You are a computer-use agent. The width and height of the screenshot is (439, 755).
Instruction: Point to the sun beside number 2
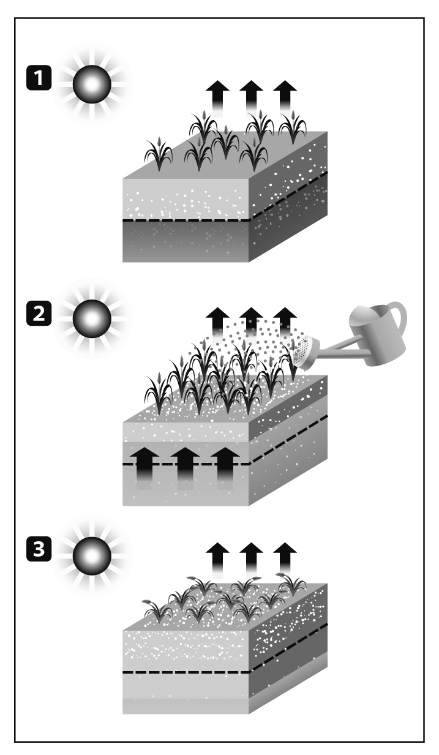point(91,320)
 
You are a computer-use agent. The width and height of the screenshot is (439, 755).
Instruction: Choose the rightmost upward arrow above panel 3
point(284,557)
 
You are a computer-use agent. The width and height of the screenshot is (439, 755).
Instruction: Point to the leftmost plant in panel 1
point(159,155)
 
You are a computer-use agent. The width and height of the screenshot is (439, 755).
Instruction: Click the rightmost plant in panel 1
point(293,129)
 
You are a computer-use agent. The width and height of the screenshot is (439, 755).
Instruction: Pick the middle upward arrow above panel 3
point(250,557)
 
